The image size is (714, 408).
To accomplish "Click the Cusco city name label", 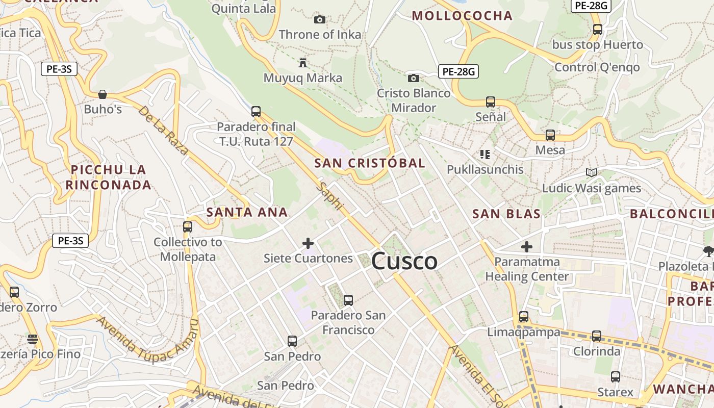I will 404,262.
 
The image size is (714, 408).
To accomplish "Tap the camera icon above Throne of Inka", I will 320,19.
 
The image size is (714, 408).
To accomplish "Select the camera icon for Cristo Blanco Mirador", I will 414,78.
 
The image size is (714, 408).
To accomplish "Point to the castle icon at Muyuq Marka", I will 303,63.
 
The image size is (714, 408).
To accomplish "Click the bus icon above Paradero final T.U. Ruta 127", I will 256,111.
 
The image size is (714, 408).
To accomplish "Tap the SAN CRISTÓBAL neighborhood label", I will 369,163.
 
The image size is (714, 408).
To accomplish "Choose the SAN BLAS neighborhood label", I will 506,214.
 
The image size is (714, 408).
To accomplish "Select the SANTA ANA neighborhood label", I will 247,212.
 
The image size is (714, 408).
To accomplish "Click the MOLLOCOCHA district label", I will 462,15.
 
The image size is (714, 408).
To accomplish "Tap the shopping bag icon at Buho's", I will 103,94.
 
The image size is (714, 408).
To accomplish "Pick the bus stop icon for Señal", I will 491,101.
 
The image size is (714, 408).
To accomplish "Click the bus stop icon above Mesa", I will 550,135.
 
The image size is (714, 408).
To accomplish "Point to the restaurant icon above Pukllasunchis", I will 484,154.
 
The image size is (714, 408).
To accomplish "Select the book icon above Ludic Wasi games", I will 591,173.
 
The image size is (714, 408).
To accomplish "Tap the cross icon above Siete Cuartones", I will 308,243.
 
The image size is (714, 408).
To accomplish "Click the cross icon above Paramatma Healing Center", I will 527,247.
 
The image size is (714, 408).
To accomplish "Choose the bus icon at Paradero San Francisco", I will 348,300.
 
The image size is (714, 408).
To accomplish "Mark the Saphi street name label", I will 329,196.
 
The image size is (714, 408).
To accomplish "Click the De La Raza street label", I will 163,130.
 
